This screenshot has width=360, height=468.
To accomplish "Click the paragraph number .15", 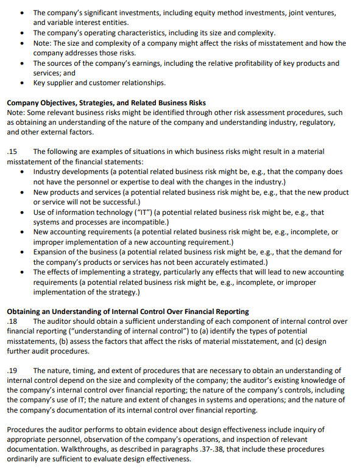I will coord(12,152).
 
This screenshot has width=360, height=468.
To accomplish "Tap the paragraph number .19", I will coord(12,371).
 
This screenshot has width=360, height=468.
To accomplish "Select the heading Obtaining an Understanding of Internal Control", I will coord(128,312).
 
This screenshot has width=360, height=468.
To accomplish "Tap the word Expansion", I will coord(53,252).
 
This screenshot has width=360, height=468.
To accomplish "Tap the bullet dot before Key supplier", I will coord(23,83).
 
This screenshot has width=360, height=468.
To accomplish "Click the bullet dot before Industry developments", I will coord(23,172).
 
